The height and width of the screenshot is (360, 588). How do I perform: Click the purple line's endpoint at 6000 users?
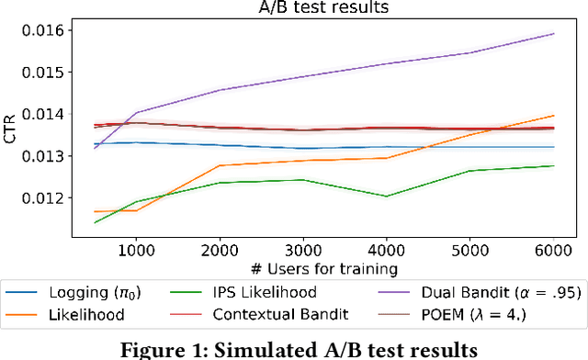(553, 34)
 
